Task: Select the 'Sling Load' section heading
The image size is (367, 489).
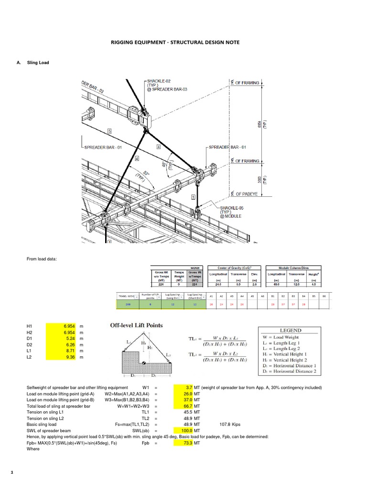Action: pos(38,63)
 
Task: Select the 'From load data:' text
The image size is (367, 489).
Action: pos(42,259)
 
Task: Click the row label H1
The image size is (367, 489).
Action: pos(30,325)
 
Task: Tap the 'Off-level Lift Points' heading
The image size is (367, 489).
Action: pos(137,325)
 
